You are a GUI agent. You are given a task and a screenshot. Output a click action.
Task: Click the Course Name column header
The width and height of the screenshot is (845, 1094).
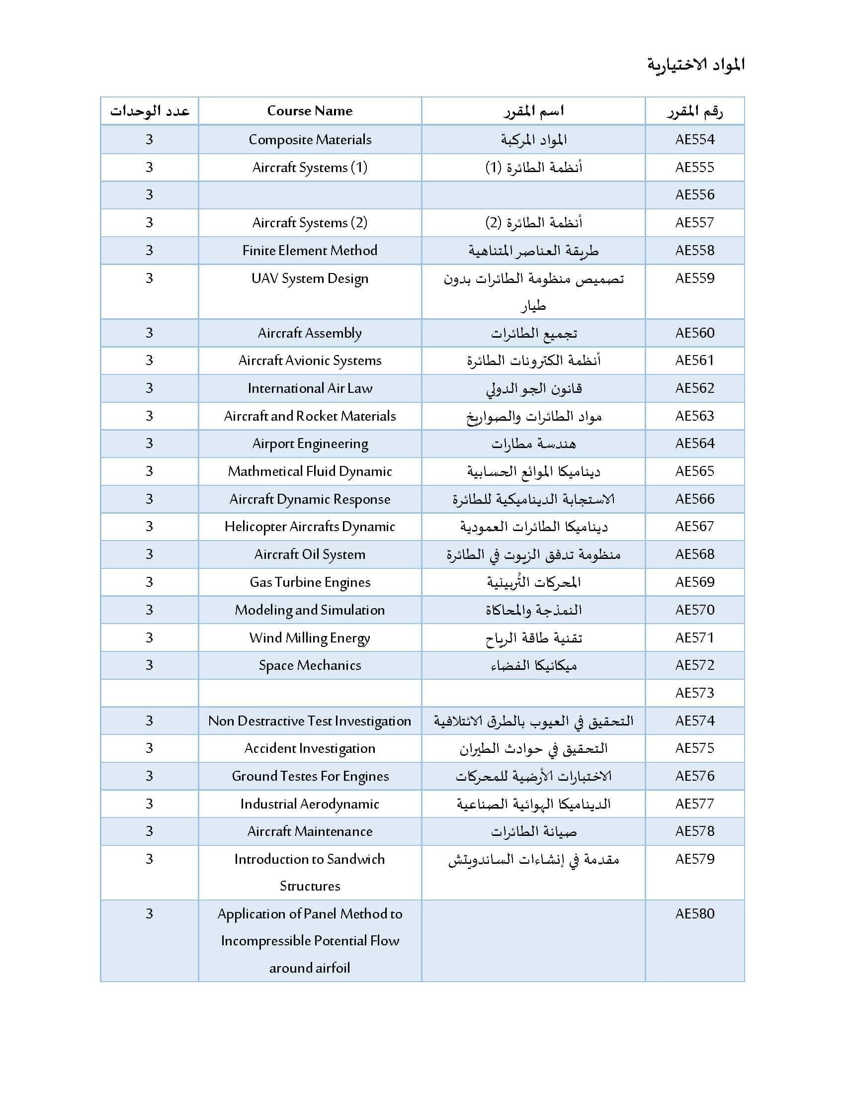309,111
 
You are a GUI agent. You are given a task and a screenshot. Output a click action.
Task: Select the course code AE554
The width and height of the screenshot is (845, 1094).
694,139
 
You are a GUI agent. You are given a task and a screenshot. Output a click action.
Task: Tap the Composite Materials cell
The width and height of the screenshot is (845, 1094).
310,139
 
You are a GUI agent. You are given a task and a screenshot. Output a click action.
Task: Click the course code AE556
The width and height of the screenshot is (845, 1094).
694,194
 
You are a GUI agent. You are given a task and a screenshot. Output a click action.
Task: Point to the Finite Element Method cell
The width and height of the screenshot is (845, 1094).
310,250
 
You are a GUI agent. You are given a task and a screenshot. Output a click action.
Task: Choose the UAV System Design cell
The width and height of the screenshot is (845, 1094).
310,278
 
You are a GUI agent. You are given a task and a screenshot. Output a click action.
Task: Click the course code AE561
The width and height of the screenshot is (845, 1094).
694,360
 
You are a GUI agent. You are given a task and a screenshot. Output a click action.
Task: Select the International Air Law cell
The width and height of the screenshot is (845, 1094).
310,388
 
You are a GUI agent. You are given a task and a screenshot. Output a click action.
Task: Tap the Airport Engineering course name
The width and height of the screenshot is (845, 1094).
310,444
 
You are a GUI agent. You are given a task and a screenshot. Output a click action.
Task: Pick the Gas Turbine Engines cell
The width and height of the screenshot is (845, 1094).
310,582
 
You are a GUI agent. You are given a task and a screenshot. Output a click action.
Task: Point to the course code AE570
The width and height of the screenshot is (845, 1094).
694,610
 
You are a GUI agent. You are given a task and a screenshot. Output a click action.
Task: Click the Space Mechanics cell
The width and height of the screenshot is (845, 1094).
310,665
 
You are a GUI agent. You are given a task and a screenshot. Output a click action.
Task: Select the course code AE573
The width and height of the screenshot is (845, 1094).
694,693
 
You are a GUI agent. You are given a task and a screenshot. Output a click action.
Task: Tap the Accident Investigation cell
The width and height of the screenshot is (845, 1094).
310,748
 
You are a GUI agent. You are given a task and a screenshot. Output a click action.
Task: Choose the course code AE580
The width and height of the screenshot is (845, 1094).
694,913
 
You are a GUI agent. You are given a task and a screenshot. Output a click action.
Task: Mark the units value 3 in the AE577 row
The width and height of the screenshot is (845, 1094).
149,804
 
